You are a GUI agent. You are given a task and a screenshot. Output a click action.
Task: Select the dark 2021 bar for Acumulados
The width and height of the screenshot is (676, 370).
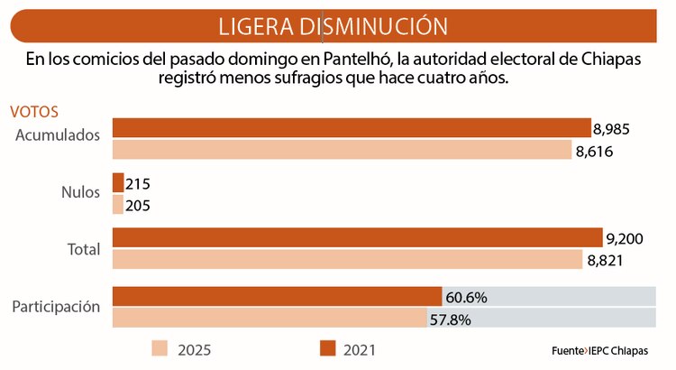click(352, 128)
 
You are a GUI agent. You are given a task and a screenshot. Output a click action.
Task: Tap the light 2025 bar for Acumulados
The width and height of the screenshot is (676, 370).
click(342, 150)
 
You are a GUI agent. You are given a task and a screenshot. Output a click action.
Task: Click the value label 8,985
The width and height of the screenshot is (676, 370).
click(612, 129)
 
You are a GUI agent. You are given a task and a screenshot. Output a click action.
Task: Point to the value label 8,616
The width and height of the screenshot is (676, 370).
click(594, 151)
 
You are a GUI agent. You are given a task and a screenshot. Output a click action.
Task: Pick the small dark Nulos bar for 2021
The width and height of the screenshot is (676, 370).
click(117, 183)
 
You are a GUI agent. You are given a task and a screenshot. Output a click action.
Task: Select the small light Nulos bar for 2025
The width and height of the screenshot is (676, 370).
click(117, 205)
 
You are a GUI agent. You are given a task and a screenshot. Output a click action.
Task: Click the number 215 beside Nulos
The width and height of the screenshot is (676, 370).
click(138, 184)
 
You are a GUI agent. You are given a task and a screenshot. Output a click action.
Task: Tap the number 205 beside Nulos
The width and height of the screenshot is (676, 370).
click(137, 206)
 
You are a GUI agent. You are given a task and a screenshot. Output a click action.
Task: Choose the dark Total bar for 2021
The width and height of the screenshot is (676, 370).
click(357, 237)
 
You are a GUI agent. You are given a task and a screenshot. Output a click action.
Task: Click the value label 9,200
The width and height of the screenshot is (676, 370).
click(625, 239)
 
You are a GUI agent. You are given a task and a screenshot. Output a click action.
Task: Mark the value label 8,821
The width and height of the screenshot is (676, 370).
click(606, 261)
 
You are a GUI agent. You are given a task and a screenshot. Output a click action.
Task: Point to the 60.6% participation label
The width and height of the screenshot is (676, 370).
click(466, 297)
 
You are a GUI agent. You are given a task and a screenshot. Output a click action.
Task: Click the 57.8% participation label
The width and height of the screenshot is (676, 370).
click(451, 319)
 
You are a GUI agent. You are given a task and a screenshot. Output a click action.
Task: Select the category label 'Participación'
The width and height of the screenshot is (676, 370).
click(55, 307)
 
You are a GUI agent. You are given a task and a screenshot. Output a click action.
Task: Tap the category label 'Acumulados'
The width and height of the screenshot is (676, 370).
click(58, 134)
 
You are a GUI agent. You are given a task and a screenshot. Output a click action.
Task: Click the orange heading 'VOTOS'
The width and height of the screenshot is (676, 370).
click(34, 113)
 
